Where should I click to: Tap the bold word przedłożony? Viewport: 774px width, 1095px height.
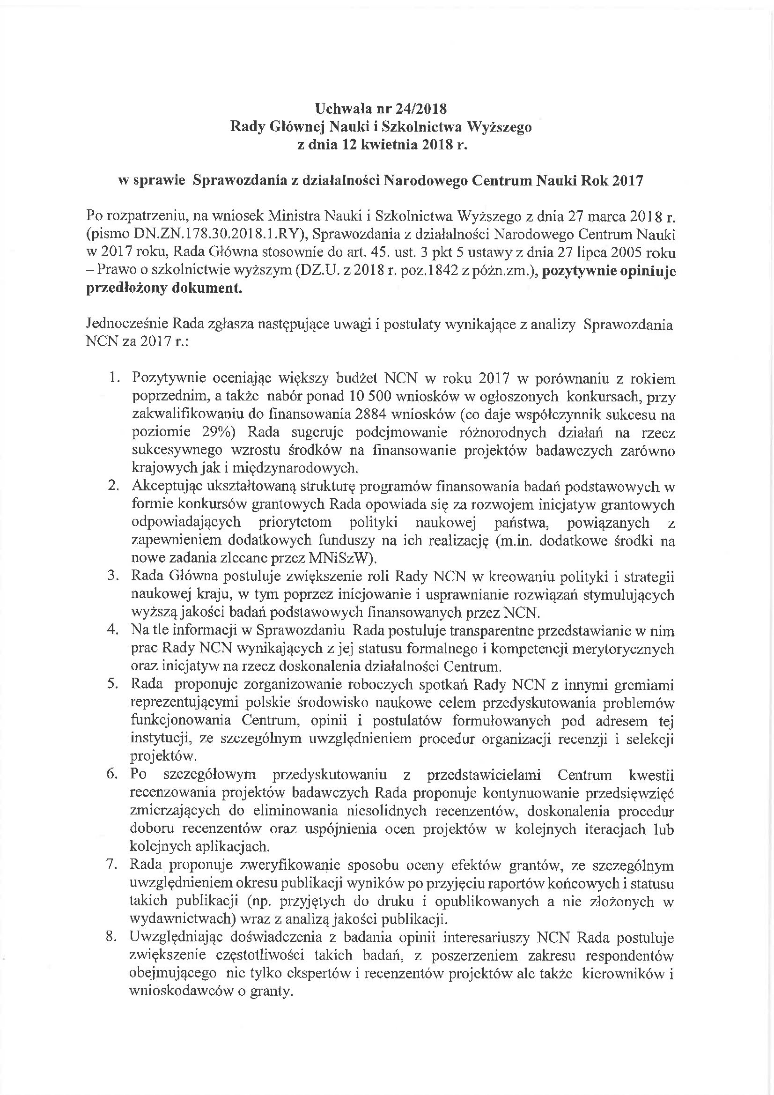tap(122, 289)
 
